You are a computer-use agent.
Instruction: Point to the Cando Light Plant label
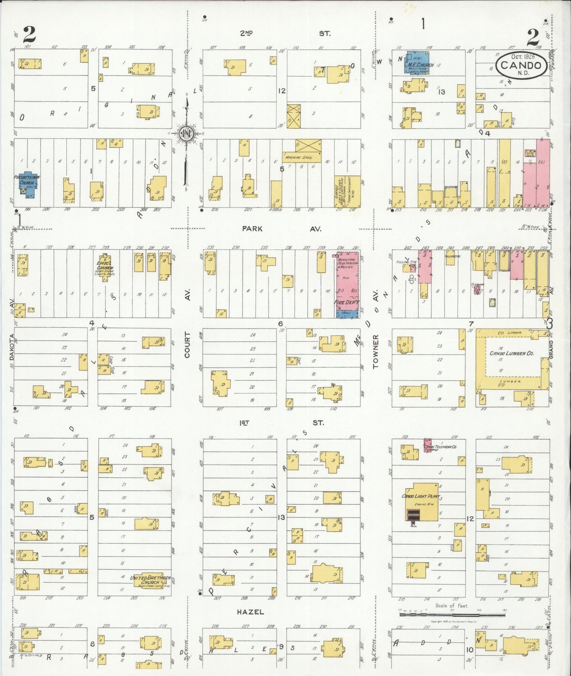(x=420, y=496)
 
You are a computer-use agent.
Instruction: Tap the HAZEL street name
(x=250, y=612)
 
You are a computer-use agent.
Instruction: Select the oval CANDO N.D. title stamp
(x=522, y=65)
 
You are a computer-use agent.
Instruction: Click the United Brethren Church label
(x=150, y=580)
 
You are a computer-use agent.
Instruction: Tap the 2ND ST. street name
(x=285, y=34)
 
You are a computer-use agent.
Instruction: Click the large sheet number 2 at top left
(x=30, y=35)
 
